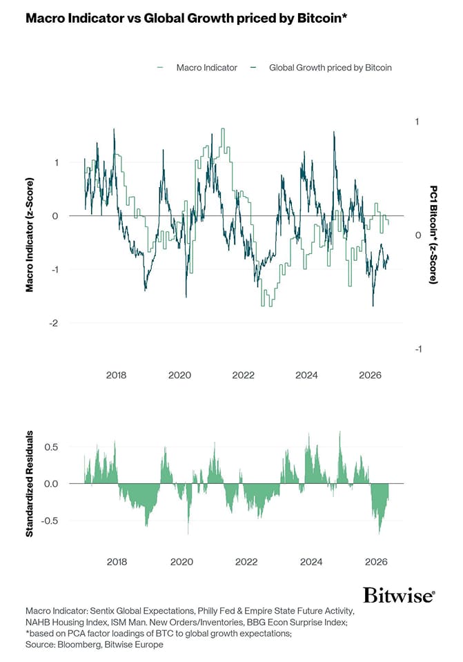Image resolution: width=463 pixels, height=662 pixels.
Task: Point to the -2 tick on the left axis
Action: tap(54, 323)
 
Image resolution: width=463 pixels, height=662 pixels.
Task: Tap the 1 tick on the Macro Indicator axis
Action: tap(57, 162)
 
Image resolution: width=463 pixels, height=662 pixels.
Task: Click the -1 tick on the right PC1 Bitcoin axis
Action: tap(418, 349)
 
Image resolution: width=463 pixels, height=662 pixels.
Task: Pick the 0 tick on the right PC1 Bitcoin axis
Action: tap(418, 235)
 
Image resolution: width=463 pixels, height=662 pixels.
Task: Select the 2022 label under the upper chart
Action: tap(243, 375)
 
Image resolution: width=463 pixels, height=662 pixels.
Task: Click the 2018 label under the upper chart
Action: tap(116, 375)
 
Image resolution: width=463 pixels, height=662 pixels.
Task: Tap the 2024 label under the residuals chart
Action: tap(311, 562)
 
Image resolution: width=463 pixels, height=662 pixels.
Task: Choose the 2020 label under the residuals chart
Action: tap(181, 562)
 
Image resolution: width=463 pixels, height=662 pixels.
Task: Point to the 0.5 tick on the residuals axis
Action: tap(51, 447)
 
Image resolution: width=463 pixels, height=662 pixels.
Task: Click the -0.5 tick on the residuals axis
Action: tap(50, 520)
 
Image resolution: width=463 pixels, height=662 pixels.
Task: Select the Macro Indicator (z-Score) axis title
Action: tap(29, 235)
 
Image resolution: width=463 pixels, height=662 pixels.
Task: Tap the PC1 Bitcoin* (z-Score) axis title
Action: tap(433, 234)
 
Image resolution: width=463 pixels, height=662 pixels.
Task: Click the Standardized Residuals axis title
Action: tap(29, 484)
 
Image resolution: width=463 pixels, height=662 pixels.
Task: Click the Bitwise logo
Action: tap(399, 595)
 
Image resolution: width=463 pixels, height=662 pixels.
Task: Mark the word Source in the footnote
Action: tap(39, 645)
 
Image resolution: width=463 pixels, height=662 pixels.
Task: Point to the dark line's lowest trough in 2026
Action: tap(373, 306)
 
